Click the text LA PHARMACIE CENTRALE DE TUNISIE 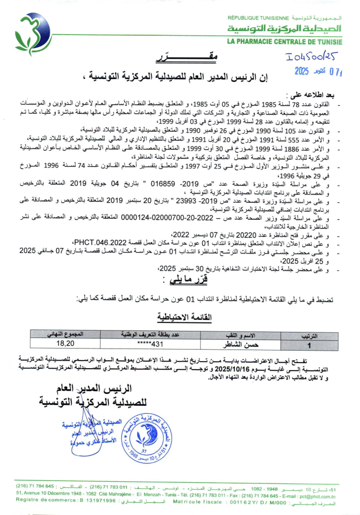(285, 42)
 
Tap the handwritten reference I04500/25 (312, 57)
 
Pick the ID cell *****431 (151, 345)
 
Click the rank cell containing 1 (309, 346)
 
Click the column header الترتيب (309, 334)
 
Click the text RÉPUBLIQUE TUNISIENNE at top (256, 18)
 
